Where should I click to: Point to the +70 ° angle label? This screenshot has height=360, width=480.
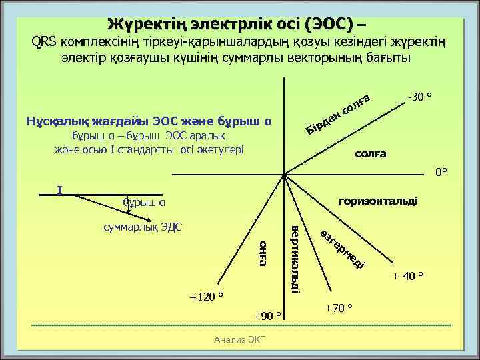[x=339, y=308]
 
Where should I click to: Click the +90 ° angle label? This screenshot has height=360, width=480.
[x=268, y=315]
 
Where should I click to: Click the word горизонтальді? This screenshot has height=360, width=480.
[x=379, y=200]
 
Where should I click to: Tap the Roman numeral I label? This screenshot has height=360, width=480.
[x=60, y=190]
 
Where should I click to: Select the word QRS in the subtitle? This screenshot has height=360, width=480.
[x=45, y=43]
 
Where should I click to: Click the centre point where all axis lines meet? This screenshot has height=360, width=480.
[x=283, y=175]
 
